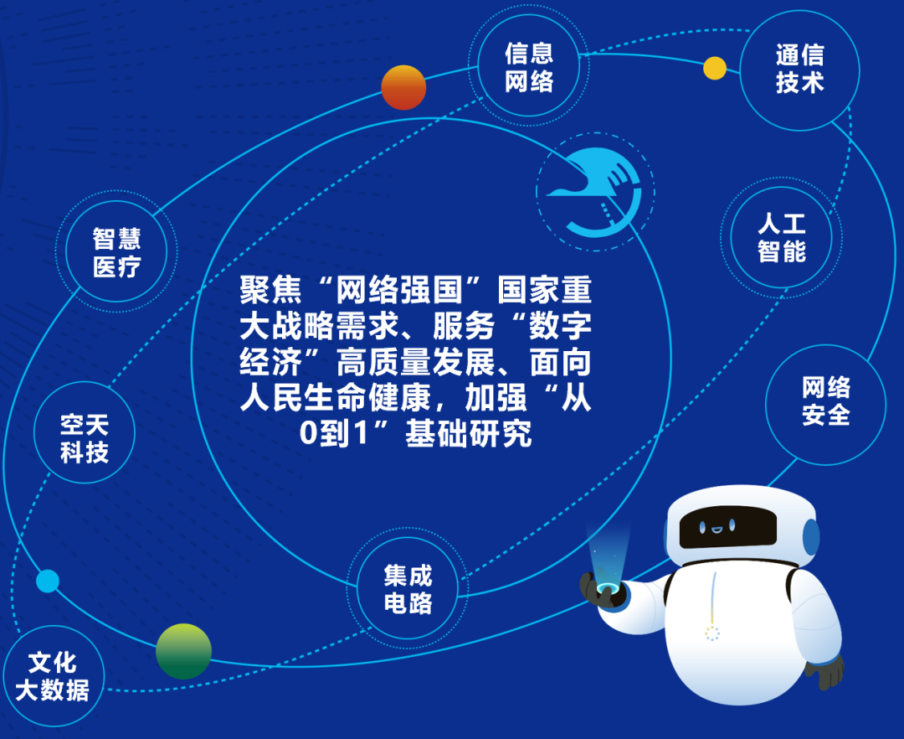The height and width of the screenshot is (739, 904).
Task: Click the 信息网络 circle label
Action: (x=529, y=68)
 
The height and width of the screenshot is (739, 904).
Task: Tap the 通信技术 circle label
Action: (x=799, y=69)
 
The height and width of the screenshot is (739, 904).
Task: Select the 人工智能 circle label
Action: (x=781, y=237)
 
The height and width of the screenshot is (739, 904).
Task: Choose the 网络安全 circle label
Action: (x=825, y=401)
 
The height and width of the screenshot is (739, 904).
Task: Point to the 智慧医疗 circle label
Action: (x=116, y=252)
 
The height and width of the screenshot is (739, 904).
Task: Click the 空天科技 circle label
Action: (x=85, y=438)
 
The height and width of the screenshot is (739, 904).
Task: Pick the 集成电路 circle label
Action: (x=408, y=589)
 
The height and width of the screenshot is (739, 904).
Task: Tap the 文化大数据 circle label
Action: (x=52, y=676)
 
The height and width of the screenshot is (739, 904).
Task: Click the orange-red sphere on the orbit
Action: (x=403, y=88)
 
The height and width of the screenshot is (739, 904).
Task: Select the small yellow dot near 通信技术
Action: (x=715, y=68)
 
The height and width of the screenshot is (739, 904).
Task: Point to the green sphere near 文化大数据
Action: (x=184, y=651)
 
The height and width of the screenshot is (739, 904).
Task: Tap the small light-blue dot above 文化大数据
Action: (x=47, y=581)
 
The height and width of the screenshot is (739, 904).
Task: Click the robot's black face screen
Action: (x=727, y=527)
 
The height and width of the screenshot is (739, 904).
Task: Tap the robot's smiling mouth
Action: (x=716, y=529)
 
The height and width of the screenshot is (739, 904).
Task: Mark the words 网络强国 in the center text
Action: (x=399, y=290)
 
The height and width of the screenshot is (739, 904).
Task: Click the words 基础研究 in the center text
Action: (x=468, y=434)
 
